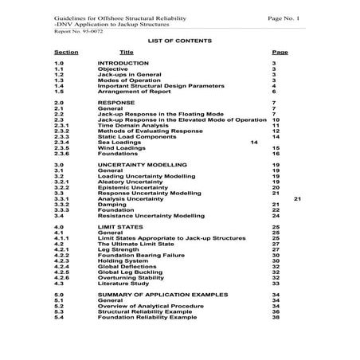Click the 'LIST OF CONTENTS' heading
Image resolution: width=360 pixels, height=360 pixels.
[179, 39]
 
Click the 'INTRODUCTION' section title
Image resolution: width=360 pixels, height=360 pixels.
[123, 62]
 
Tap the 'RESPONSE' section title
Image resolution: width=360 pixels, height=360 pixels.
[115, 104]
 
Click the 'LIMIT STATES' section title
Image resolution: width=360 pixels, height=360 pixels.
[119, 228]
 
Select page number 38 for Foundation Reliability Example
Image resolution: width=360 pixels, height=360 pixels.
[275, 316]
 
